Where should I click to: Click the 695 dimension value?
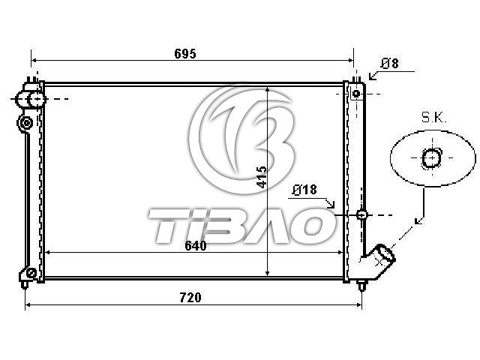coord(185,53)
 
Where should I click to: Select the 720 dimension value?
coord(190,298)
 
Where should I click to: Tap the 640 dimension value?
coord(196,246)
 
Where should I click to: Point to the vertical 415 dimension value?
coord(262,177)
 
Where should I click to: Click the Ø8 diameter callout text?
coord(390,63)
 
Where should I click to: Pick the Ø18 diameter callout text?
coord(304,190)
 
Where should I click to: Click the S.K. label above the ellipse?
coord(434,118)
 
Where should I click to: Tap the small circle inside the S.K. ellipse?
coord(432,158)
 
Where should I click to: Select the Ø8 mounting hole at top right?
coord(356,93)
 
